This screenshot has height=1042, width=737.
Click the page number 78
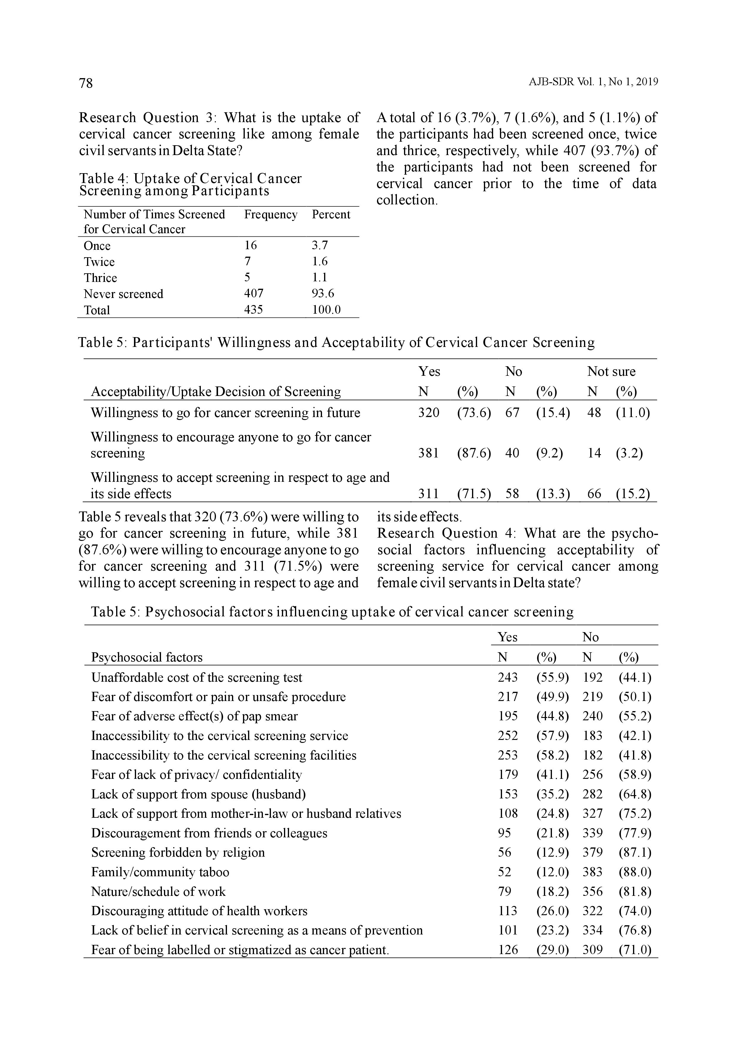pyautogui.click(x=86, y=83)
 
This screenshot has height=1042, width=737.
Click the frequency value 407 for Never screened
pyautogui.click(x=254, y=294)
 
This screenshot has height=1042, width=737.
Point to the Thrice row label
pyautogui.click(x=100, y=278)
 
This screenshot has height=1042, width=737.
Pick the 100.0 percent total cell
pyautogui.click(x=326, y=310)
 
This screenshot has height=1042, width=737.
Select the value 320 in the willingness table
pyautogui.click(x=428, y=413)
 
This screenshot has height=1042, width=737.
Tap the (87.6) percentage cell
pyautogui.click(x=474, y=453)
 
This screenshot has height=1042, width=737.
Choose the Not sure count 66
pyautogui.click(x=594, y=493)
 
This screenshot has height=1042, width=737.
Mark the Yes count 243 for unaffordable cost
pyautogui.click(x=507, y=677)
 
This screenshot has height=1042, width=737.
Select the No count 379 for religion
pyautogui.click(x=592, y=852)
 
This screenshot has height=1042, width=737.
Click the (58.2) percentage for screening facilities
pyautogui.click(x=552, y=755)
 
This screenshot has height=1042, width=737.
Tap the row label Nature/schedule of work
pyautogui.click(x=158, y=891)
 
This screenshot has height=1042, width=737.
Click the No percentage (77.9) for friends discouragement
pyautogui.click(x=635, y=833)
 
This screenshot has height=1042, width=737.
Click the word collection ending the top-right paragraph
pyautogui.click(x=407, y=200)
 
